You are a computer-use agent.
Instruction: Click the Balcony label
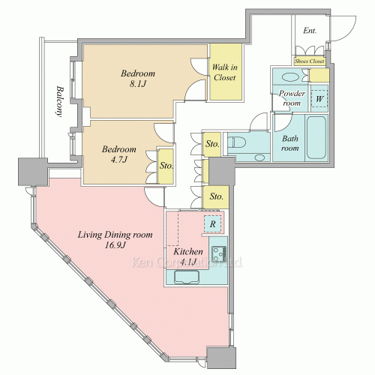(59, 101)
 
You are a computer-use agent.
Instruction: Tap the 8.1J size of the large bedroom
(138, 84)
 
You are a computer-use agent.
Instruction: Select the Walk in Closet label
(225, 72)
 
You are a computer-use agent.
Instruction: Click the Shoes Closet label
(309, 61)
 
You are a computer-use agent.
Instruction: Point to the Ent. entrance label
(310, 31)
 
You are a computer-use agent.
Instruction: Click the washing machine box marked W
(319, 99)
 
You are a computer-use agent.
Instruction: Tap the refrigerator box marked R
(212, 223)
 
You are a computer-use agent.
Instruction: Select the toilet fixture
(236, 142)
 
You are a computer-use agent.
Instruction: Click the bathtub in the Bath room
(316, 137)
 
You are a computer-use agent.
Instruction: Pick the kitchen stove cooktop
(219, 253)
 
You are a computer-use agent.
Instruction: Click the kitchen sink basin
(187, 277)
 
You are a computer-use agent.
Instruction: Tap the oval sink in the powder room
(290, 76)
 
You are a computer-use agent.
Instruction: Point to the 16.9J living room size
(115, 245)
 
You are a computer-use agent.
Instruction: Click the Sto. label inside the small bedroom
(166, 166)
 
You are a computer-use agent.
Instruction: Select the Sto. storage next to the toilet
(212, 144)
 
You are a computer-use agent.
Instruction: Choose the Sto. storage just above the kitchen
(216, 196)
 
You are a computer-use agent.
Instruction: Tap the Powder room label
(292, 98)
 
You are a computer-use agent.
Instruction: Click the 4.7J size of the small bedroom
(119, 159)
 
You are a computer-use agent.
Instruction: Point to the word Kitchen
(188, 251)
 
